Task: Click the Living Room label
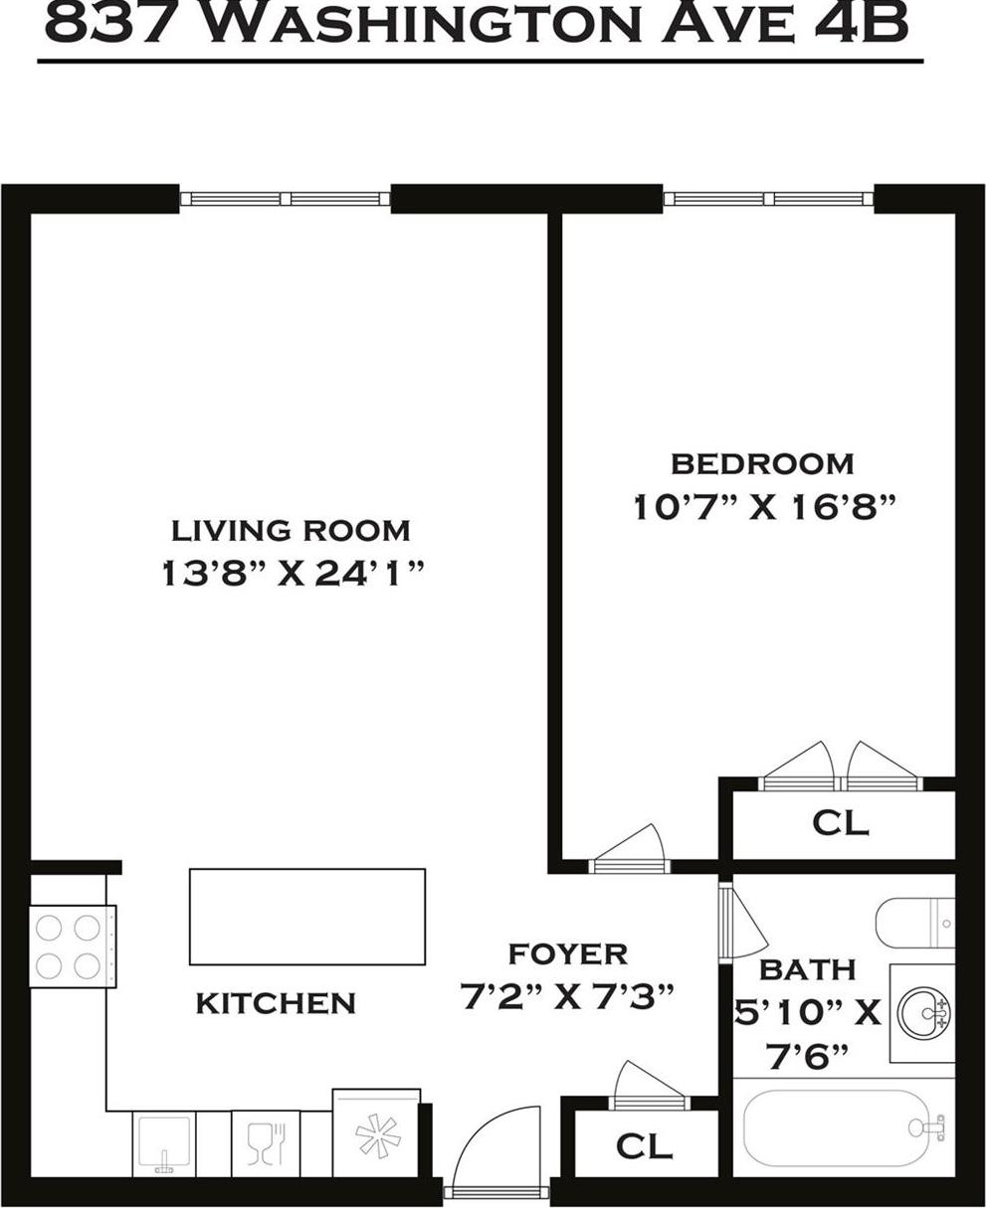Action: tap(291, 530)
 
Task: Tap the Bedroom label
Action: tap(762, 463)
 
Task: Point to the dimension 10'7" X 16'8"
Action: tap(765, 508)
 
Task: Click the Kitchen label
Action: tap(276, 1003)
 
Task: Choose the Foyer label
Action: tap(568, 954)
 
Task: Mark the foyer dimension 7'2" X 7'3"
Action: tap(568, 995)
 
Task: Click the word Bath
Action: tap(793, 969)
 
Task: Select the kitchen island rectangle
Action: tap(307, 916)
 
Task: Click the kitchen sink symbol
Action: tap(163, 1142)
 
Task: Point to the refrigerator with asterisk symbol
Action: tap(376, 1134)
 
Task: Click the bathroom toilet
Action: tap(913, 924)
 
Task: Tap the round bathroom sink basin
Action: tap(924, 1013)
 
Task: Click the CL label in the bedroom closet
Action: tap(840, 823)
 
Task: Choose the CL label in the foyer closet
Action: tap(644, 1146)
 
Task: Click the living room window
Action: tap(286, 199)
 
